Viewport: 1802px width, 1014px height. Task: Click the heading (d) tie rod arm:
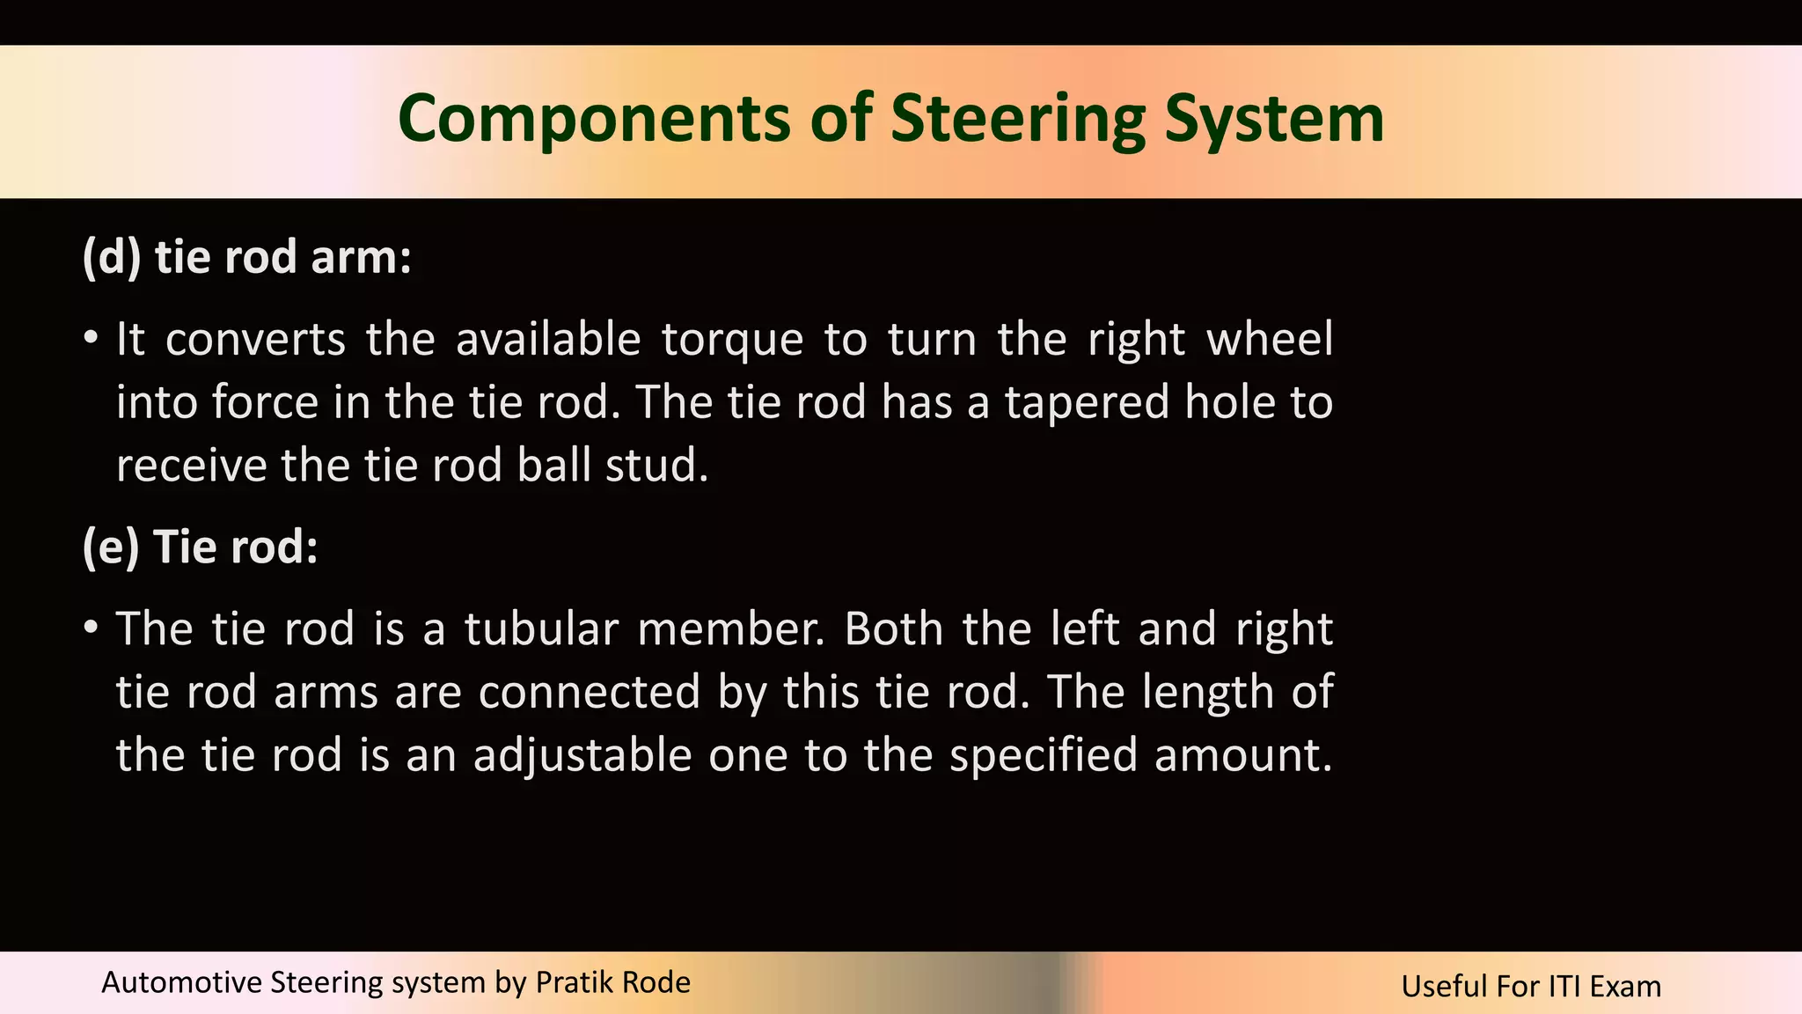point(247,257)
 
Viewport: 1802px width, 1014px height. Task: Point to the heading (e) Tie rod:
point(200,547)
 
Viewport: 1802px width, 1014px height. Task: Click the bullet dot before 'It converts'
point(91,339)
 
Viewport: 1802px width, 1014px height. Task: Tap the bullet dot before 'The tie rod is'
point(91,628)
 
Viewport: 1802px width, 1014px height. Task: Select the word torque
point(732,340)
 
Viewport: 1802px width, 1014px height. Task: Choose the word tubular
point(541,629)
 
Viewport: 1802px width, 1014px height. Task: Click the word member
point(730,629)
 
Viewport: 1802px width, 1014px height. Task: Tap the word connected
point(590,692)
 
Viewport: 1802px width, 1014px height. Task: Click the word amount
point(1243,755)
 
